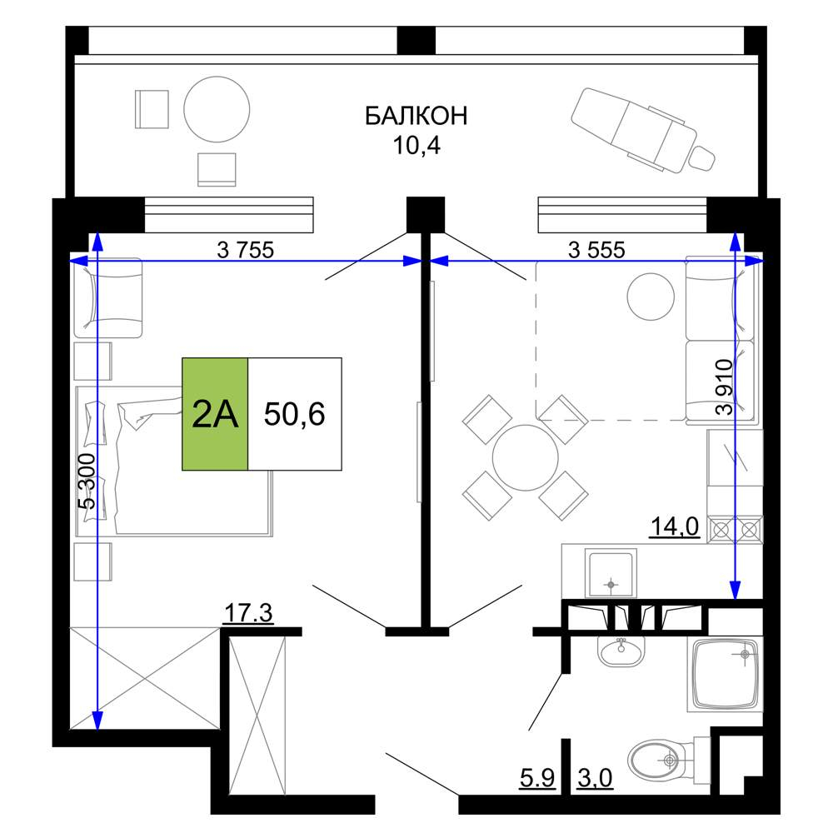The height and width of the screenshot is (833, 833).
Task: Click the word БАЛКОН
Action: click(416, 115)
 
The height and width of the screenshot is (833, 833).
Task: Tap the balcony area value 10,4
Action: click(416, 145)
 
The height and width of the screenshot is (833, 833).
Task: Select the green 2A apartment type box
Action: click(215, 414)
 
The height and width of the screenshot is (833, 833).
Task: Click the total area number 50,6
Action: click(294, 414)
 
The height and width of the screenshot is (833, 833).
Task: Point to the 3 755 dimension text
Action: click(246, 249)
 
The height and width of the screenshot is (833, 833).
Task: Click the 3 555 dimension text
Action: click(596, 249)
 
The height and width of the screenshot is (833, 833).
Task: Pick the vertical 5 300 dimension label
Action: click(87, 481)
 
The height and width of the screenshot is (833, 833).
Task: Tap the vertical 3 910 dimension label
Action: click(725, 387)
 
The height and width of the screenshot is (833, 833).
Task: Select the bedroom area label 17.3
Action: click(248, 612)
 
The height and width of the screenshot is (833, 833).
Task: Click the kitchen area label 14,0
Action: click(675, 527)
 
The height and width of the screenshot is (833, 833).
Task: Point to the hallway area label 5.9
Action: click(537, 779)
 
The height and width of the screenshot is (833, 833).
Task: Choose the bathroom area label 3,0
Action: click(595, 779)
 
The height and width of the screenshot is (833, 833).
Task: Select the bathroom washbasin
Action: click(621, 649)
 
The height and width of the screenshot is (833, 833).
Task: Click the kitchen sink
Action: click(611, 574)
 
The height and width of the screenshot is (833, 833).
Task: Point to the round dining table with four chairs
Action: click(525, 457)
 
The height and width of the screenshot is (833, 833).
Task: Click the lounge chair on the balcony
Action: click(643, 130)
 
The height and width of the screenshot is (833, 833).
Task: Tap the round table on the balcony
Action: click(217, 109)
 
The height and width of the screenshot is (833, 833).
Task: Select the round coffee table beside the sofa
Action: click(651, 297)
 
